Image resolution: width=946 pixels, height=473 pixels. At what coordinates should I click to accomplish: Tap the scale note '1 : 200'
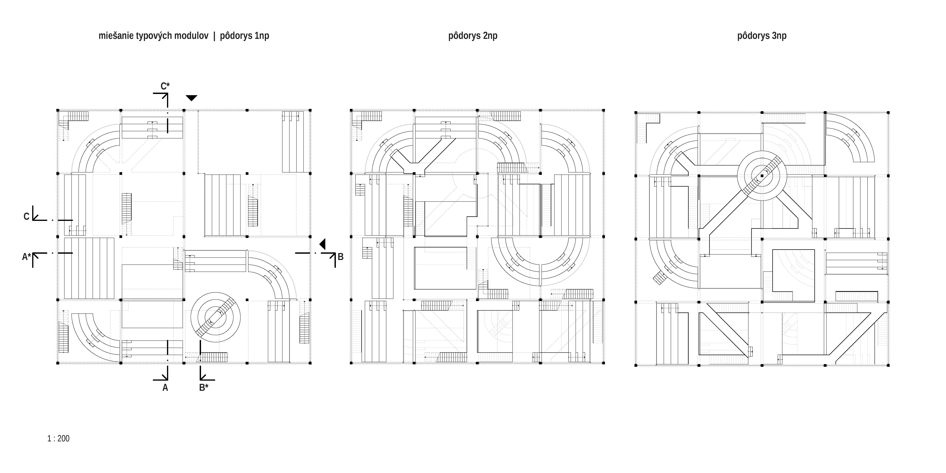(x=58, y=438)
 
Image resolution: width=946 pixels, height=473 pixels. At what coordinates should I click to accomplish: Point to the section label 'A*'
(x=26, y=257)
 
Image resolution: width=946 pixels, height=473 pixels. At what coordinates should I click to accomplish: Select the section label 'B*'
(x=204, y=387)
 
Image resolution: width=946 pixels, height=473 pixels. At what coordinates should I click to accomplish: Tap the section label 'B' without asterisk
(x=340, y=257)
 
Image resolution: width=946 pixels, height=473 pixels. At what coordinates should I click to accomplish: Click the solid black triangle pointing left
(x=322, y=244)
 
